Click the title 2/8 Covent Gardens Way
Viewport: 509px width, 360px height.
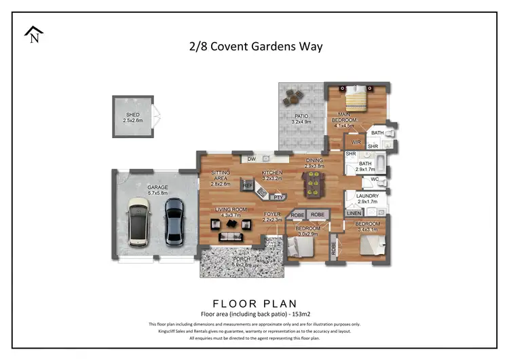pos(255,47)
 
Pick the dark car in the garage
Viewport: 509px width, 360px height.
pos(174,221)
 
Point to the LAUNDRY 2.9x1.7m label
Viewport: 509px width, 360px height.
pos(367,198)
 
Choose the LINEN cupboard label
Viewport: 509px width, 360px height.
pos(354,214)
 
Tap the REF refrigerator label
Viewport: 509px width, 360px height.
pos(248,185)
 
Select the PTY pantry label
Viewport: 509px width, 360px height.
pos(278,197)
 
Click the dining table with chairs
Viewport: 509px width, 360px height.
pos(314,182)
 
